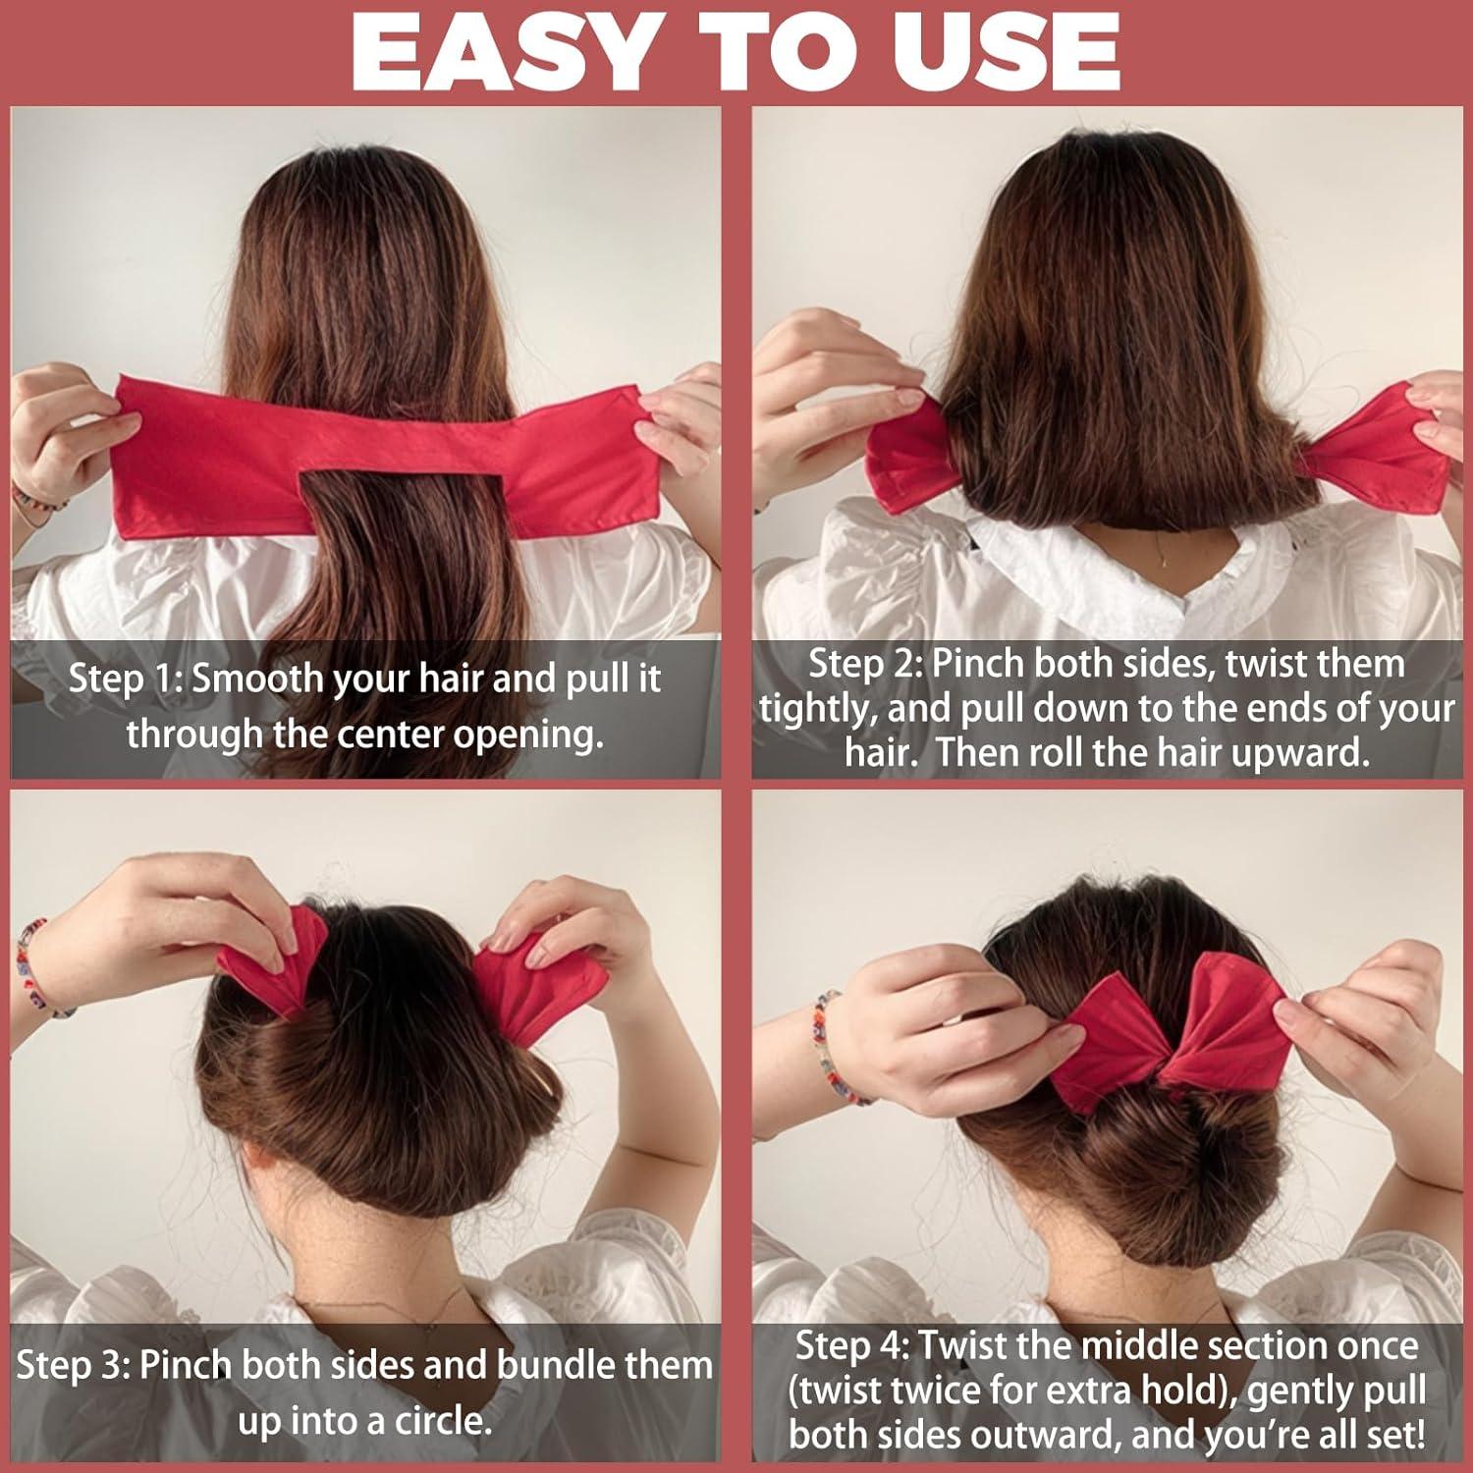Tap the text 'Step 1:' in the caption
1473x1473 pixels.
coord(123,680)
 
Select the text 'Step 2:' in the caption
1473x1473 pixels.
coord(864,664)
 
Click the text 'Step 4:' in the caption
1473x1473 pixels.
coord(850,1345)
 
